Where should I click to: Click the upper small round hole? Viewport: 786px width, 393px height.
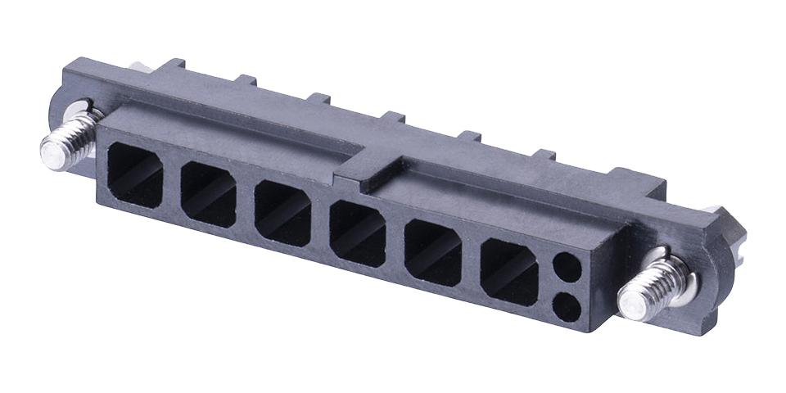[x=567, y=267]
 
